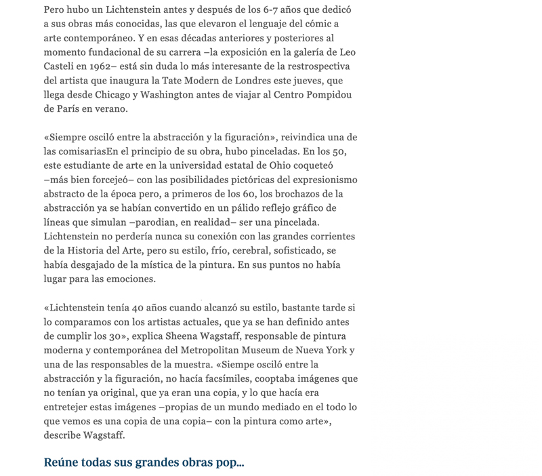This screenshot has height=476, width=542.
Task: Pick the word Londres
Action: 248,81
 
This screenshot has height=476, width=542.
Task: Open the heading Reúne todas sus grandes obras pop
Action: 144,462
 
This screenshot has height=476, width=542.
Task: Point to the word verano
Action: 108,109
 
